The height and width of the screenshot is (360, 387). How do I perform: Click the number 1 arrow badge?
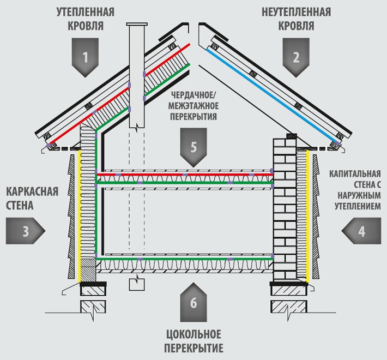coord(86,56)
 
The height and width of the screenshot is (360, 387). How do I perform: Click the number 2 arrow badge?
coord(296,56)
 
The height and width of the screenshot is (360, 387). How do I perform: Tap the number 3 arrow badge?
coord(25,231)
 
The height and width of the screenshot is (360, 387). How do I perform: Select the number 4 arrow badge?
coord(361,231)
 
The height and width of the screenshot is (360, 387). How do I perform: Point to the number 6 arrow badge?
coord(193,303)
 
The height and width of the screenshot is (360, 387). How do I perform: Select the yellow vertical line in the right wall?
coord(308,218)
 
